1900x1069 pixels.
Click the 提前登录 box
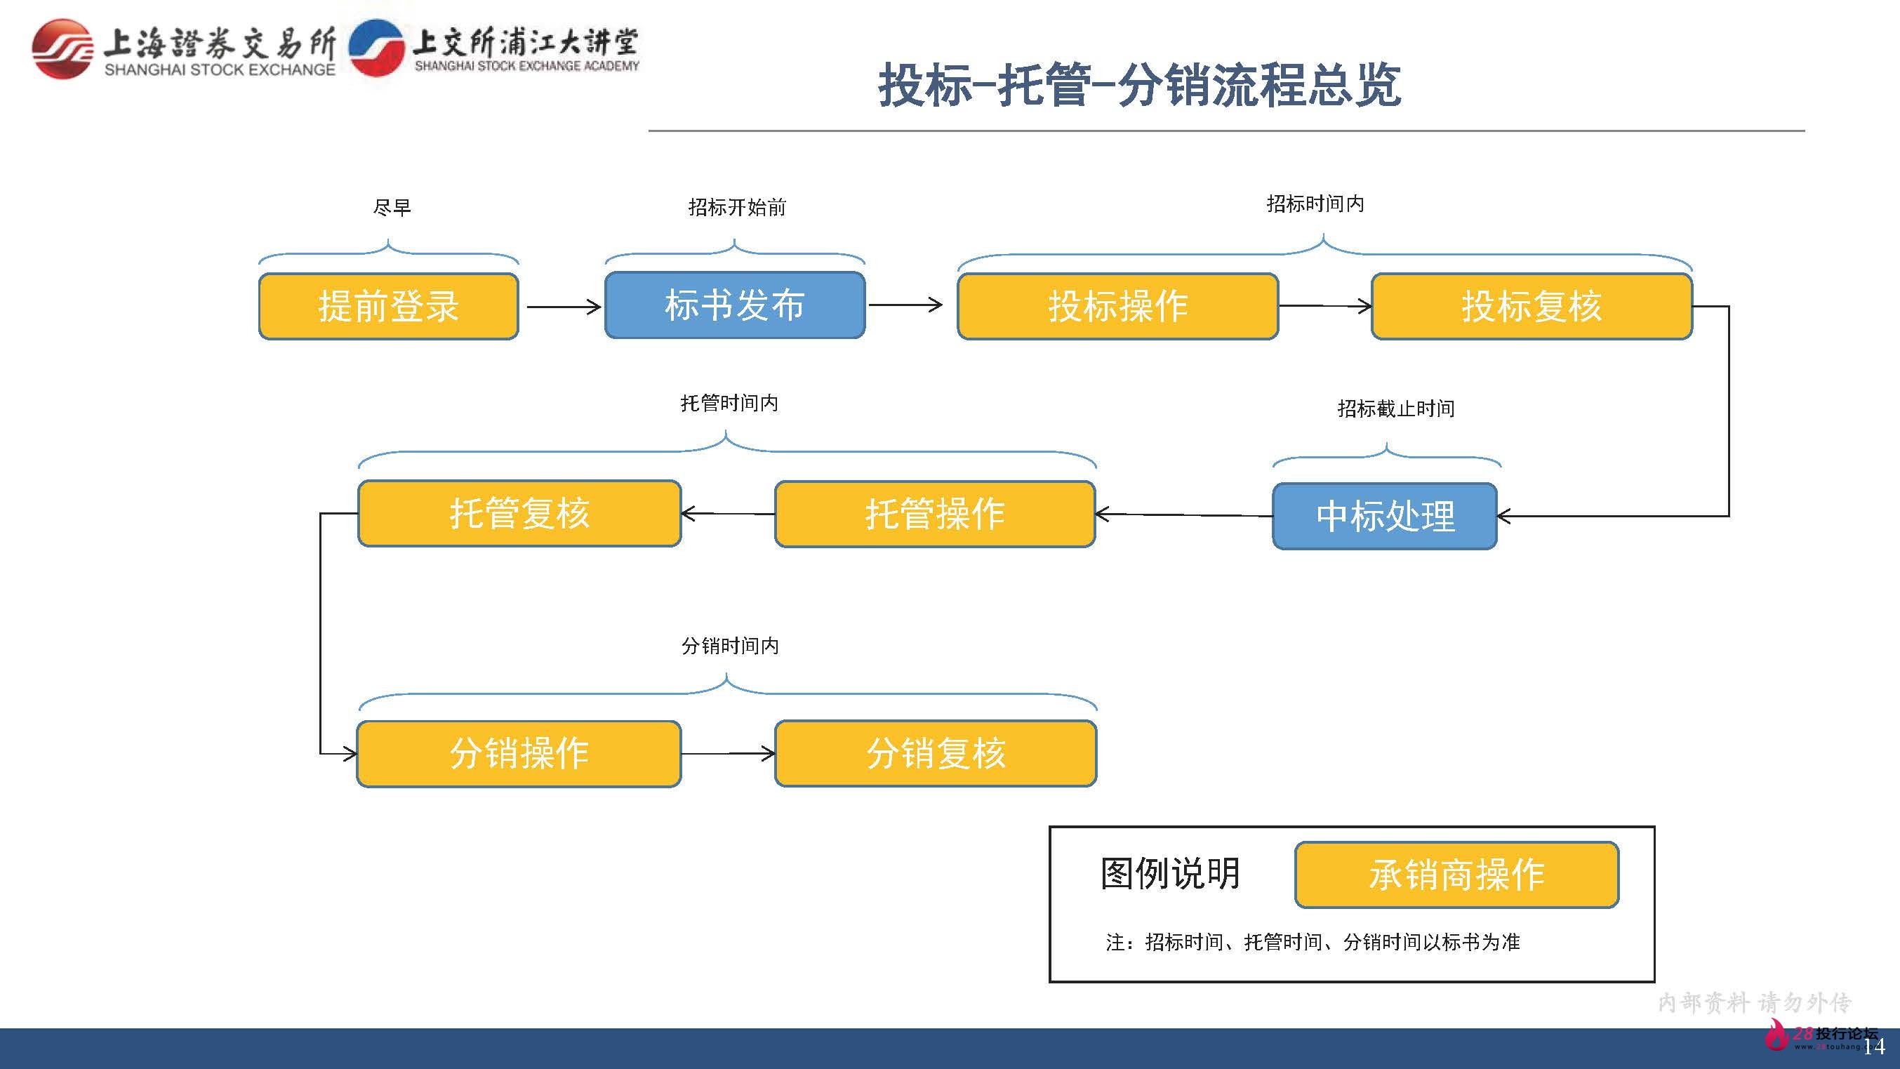pos(389,306)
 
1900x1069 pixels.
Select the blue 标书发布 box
pos(735,305)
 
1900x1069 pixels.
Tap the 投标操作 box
pos(1117,306)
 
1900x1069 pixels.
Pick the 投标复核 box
pos(1532,306)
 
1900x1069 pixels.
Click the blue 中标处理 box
pos(1384,516)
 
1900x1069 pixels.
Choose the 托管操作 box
pos(934,514)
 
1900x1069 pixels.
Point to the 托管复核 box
pos(519,514)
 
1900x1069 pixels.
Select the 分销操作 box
pos(519,754)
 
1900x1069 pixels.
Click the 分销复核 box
pos(935,754)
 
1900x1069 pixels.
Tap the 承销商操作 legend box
pos(1456,875)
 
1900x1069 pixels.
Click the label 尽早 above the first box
pos(392,207)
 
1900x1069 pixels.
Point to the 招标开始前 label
pos(737,207)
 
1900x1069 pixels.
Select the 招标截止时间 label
pos(1395,409)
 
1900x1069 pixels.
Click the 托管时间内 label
pos(729,403)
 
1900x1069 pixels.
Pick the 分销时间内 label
pos(729,646)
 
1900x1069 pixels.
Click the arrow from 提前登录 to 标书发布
pos(563,307)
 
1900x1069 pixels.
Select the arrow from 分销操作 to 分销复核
pos(727,754)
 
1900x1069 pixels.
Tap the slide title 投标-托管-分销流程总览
pos(1139,85)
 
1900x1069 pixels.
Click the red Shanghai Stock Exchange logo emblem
pos(62,48)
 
